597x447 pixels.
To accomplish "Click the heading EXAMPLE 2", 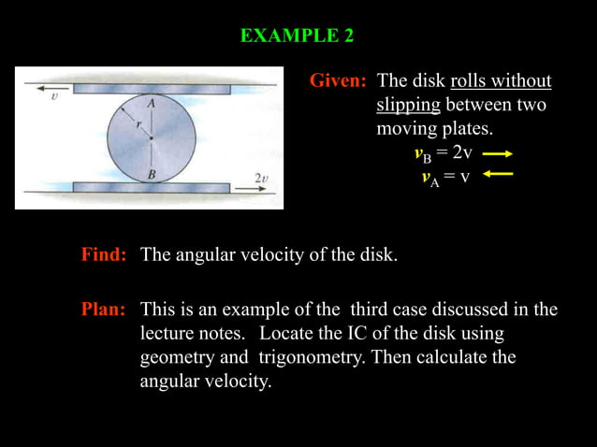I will tap(297, 36).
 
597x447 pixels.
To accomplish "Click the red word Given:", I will tap(338, 81).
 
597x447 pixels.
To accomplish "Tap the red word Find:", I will tap(104, 255).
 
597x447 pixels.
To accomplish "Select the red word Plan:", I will tap(104, 310).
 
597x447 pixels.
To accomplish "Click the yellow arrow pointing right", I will tap(500, 153).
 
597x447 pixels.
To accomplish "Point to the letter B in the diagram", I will tap(151, 173).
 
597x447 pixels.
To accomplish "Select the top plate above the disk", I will tap(151, 89).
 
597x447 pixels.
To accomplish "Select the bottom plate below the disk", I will tap(151, 187).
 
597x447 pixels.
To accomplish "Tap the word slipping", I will tap(408, 105).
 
